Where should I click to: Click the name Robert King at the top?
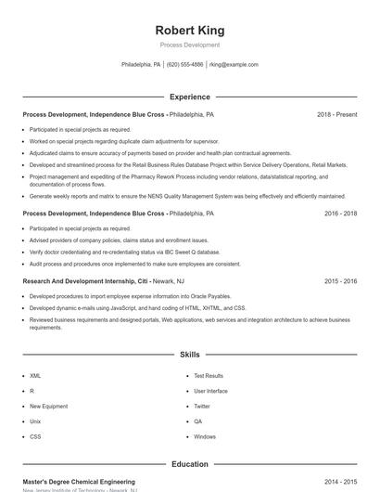point(189,31)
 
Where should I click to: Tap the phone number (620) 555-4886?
point(185,65)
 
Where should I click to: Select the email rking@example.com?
point(234,65)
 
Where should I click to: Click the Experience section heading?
point(189,97)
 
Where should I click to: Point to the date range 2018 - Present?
point(336,114)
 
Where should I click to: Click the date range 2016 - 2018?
point(340,213)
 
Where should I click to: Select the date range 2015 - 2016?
point(340,280)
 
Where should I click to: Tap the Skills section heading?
point(189,355)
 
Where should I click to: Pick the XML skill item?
point(35,376)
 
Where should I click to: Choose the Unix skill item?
point(35,421)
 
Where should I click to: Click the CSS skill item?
point(35,436)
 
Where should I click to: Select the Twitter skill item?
point(202,406)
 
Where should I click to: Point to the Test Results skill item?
point(209,376)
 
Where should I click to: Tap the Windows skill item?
point(205,436)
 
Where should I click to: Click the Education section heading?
point(189,464)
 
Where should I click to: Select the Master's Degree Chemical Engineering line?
point(79,482)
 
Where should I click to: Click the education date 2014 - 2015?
point(340,482)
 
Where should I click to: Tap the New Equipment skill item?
point(48,406)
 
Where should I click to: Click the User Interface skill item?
point(210,391)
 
